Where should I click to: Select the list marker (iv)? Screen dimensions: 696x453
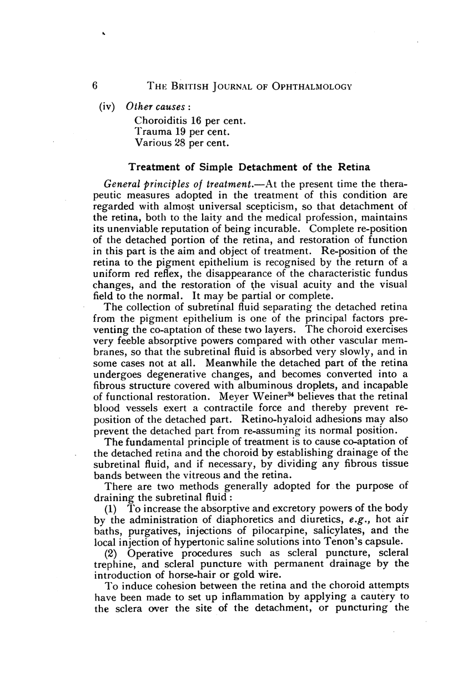point(105,107)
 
